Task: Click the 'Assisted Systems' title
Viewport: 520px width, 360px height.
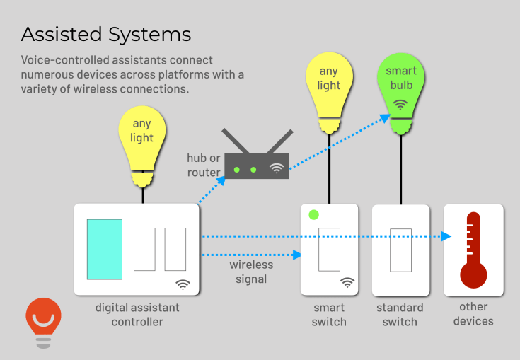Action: point(106,34)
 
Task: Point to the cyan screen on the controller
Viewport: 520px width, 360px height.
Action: point(105,248)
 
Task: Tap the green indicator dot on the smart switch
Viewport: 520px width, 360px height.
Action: point(314,214)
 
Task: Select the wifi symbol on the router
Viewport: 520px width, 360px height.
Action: point(276,169)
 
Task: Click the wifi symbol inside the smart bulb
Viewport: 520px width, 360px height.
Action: point(401,105)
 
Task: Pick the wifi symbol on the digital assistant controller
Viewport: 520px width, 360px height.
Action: point(183,284)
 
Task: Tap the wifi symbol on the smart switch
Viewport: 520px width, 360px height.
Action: point(347,282)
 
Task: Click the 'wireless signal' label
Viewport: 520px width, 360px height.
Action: point(251,272)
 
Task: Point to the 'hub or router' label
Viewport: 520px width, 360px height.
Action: point(204,165)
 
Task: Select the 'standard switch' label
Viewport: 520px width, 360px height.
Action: point(400,315)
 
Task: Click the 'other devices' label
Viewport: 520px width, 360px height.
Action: point(473,314)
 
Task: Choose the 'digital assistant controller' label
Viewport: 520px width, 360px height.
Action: point(137,315)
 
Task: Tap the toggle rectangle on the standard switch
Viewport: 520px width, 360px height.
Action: point(400,250)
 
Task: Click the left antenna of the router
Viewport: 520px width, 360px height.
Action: point(233,141)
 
